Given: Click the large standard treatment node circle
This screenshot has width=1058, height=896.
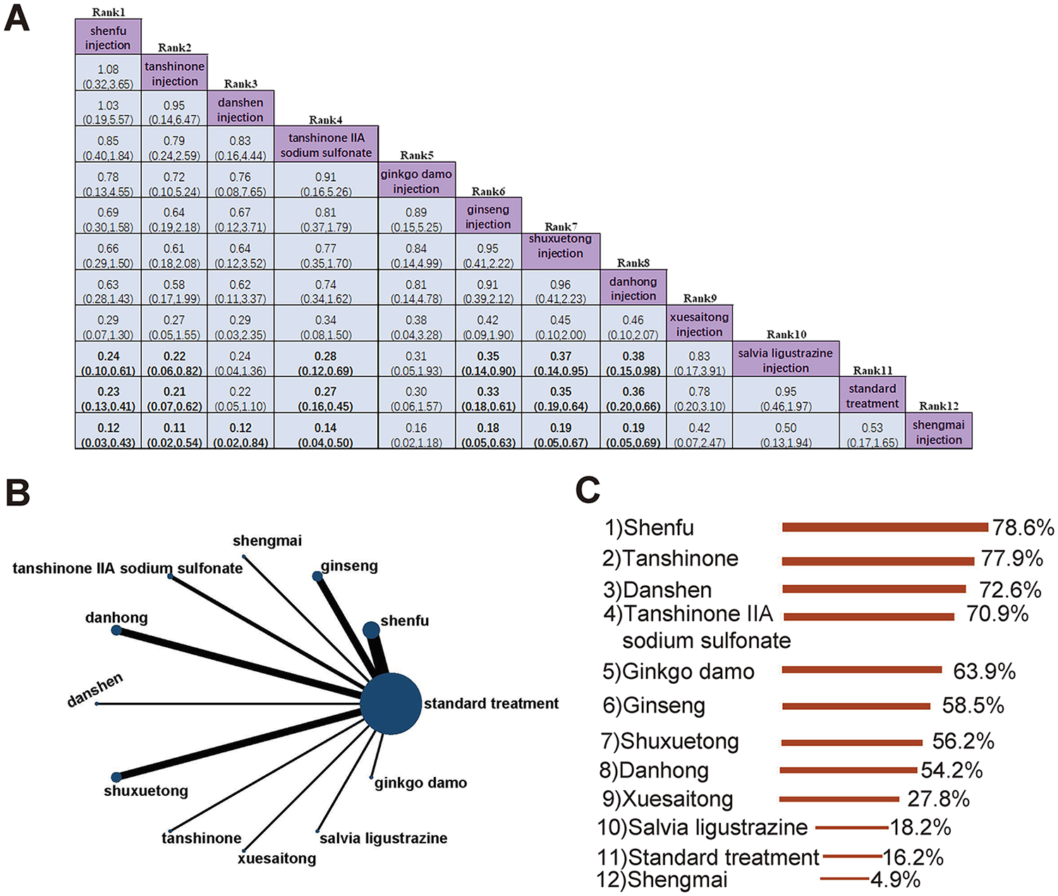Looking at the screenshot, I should point(391,704).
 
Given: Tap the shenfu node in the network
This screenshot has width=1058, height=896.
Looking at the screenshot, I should point(371,630).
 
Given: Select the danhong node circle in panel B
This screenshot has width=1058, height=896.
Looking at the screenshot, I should point(116,630).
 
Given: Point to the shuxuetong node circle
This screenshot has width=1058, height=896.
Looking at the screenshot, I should point(116,777).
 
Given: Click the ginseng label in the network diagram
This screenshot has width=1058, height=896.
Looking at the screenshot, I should point(349,566).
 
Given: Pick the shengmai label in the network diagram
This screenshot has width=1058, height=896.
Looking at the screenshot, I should point(267,541).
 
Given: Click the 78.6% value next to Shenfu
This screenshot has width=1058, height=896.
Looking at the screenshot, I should point(1023,527).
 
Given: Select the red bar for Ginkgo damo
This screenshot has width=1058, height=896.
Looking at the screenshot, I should point(862,670).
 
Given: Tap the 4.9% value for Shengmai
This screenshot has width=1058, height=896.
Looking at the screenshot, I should point(895,880).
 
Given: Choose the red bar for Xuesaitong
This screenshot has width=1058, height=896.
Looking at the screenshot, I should point(839,799).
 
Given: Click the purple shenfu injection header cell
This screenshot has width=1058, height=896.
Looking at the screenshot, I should point(108,37).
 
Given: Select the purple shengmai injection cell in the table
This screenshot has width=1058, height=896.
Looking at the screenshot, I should point(938,431).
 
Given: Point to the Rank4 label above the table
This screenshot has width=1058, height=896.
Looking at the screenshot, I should point(326,121).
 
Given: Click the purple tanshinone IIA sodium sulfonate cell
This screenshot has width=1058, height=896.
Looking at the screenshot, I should point(326,145).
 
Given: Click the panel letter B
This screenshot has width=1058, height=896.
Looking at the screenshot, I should point(18,493).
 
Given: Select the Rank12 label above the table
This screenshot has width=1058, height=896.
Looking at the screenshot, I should point(939,406).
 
